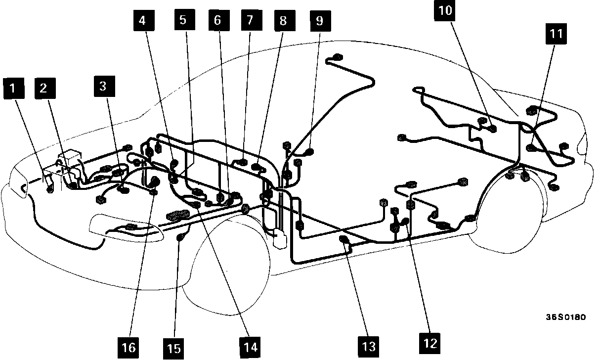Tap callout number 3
[x=103, y=86]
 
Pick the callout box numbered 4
[x=143, y=21]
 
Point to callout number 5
[x=183, y=21]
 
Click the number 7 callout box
[x=250, y=21]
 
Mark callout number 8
[x=283, y=21]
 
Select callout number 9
[x=319, y=21]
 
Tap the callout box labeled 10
[x=445, y=11]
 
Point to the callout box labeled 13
[x=368, y=345]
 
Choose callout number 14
[x=251, y=347]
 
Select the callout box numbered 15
[x=173, y=348]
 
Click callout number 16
[x=129, y=347]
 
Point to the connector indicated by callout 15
[x=180, y=239]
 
